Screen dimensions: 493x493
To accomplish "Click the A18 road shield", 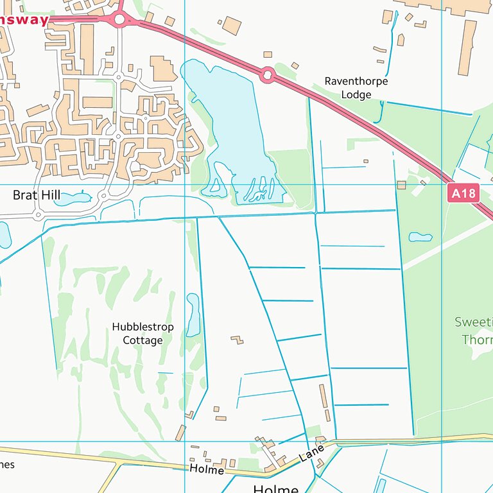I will click(465, 193).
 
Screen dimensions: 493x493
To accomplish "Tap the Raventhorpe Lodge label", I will click(356, 88).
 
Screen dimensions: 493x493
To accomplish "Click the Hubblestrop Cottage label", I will click(143, 333).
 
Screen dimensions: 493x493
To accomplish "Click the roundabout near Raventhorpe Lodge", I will click(268, 76).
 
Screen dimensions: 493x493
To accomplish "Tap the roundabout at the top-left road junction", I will click(119, 19).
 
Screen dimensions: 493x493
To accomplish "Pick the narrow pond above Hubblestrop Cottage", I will click(193, 315).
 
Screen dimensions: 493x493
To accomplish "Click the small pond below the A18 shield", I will click(420, 237).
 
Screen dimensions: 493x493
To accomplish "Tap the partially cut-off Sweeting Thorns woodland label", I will click(475, 331).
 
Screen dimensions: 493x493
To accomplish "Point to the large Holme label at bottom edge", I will click(276, 489).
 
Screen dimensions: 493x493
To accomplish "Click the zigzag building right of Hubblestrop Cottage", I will click(238, 339).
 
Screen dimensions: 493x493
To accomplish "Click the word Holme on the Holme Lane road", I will click(206, 470).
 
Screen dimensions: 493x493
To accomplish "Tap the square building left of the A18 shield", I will click(402, 185).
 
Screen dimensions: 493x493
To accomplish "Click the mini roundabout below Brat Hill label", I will click(38, 214).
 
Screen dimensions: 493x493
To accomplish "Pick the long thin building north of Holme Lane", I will click(324, 396).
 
